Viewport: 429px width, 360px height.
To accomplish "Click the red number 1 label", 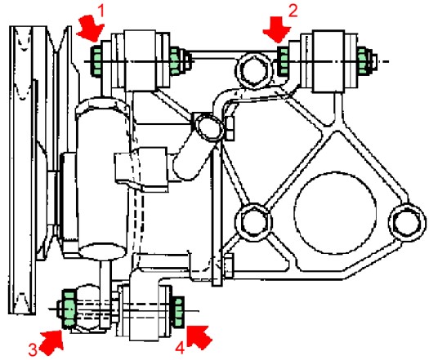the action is point(101,11).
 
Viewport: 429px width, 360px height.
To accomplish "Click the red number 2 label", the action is point(293,11).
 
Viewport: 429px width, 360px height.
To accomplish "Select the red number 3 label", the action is point(33,349).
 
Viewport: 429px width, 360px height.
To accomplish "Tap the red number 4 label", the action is point(180,349).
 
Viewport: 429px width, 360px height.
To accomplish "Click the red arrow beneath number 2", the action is point(277,29).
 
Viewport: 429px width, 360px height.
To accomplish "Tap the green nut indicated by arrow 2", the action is point(284,61).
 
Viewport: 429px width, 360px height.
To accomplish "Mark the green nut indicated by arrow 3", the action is point(69,309).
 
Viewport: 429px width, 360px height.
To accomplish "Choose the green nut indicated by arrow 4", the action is point(178,311).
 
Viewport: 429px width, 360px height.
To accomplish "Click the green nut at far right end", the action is point(362,60).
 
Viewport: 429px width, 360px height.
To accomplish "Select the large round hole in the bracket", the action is point(335,213).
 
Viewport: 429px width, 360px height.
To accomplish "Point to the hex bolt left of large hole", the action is point(254,222).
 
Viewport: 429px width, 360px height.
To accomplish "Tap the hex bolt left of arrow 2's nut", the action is point(254,70).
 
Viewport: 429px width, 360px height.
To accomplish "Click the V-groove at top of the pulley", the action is point(59,40).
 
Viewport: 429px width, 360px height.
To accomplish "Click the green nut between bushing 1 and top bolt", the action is point(174,61).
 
